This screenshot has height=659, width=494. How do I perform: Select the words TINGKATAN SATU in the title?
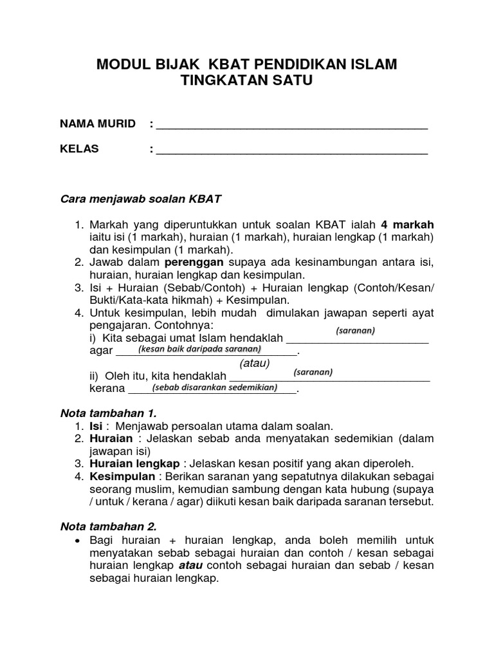247,81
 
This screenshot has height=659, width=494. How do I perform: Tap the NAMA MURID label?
98,124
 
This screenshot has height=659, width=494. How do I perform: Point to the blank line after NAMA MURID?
292,126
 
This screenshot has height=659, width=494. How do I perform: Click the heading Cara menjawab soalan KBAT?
140,199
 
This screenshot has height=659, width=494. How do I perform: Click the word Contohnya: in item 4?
176,326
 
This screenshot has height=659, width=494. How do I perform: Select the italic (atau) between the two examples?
254,364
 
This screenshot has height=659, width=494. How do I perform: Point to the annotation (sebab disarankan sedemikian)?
214,387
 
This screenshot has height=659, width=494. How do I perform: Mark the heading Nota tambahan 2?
108,526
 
